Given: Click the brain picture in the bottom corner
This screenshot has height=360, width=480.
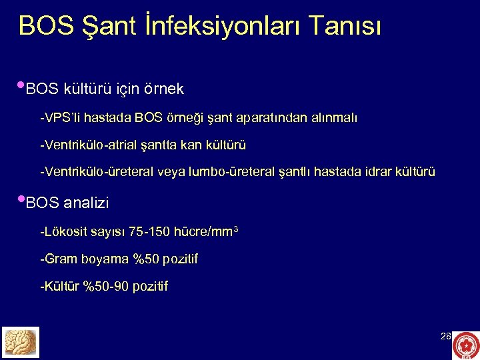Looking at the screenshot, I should tap(21, 342).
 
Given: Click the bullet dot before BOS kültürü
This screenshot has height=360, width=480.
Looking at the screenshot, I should tap(21, 85).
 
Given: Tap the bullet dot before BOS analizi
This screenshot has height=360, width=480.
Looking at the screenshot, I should tap(21, 199).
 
